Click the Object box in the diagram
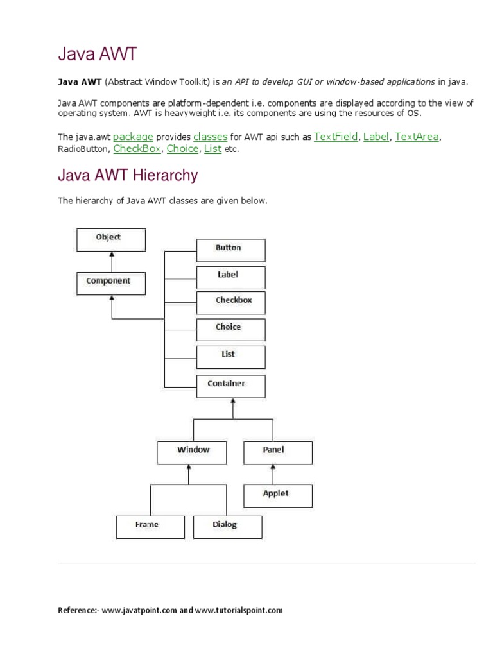tap(111, 239)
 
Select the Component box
tap(111, 282)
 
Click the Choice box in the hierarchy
tap(230, 328)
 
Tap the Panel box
tap(278, 452)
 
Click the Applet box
tap(278, 495)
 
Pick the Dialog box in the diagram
tap(227, 526)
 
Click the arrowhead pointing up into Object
tap(112, 254)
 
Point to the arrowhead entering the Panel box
tap(273, 468)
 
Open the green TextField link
tap(336, 137)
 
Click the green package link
tap(133, 137)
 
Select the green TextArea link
tap(417, 137)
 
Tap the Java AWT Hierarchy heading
tap(128, 175)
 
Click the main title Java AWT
tap(98, 55)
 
